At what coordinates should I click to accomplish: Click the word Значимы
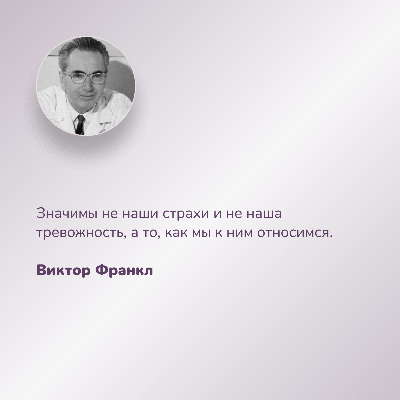pyautogui.click(x=67, y=214)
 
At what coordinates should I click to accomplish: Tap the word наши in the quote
pyautogui.click(x=140, y=214)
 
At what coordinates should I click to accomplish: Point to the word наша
pyautogui.click(x=264, y=214)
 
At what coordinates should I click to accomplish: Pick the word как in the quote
pyautogui.click(x=176, y=233)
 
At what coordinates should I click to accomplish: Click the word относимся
pyautogui.click(x=293, y=233)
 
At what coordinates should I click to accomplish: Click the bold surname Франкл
pyautogui.click(x=124, y=271)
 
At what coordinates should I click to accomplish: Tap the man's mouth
pyautogui.click(x=88, y=96)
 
